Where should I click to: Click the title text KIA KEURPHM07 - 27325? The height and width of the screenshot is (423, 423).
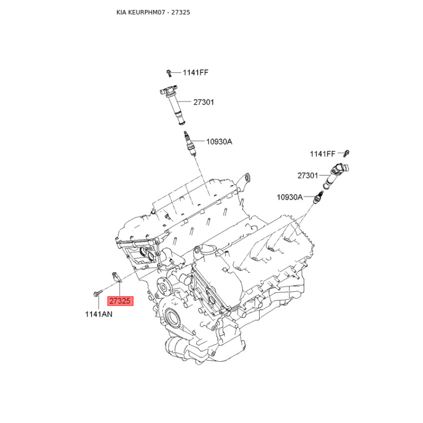click(x=153, y=12)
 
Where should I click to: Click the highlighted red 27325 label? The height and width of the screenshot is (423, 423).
click(x=121, y=301)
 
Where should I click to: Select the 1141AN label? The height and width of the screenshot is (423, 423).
click(x=99, y=314)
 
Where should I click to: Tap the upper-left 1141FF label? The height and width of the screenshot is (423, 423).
click(x=196, y=72)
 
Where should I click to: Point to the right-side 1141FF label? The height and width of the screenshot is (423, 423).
click(x=323, y=154)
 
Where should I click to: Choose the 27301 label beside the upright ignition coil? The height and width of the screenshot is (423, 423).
click(x=204, y=102)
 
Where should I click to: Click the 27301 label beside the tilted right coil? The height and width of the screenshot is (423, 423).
click(x=308, y=176)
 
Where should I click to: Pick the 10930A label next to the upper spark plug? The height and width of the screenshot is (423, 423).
click(x=219, y=142)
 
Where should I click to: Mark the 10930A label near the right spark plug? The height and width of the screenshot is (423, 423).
click(x=290, y=197)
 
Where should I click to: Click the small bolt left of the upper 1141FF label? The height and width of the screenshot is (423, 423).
click(x=169, y=73)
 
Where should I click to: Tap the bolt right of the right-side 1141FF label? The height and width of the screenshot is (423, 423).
click(x=346, y=153)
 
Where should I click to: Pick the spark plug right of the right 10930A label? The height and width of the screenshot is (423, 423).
click(x=318, y=197)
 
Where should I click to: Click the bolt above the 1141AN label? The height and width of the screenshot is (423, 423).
click(x=98, y=292)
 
